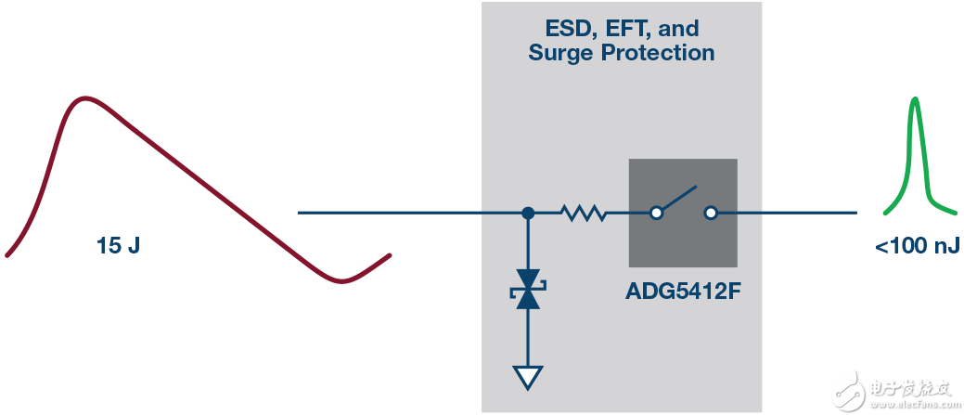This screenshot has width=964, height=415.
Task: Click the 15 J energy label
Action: click(118, 246)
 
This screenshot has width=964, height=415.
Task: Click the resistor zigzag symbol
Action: click(584, 214)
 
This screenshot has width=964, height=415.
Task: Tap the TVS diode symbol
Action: click(528, 289)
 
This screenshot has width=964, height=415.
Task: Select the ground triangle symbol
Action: click(528, 376)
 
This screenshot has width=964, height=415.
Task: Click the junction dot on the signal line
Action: click(528, 213)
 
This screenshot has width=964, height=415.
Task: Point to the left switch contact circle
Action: click(656, 213)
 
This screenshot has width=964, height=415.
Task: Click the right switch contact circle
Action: click(710, 213)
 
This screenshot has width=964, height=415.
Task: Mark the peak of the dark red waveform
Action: click(85, 97)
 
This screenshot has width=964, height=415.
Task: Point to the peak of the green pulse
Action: click(916, 98)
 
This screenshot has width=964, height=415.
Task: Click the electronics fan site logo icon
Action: click(851, 385)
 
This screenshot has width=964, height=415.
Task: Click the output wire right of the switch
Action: click(789, 213)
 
